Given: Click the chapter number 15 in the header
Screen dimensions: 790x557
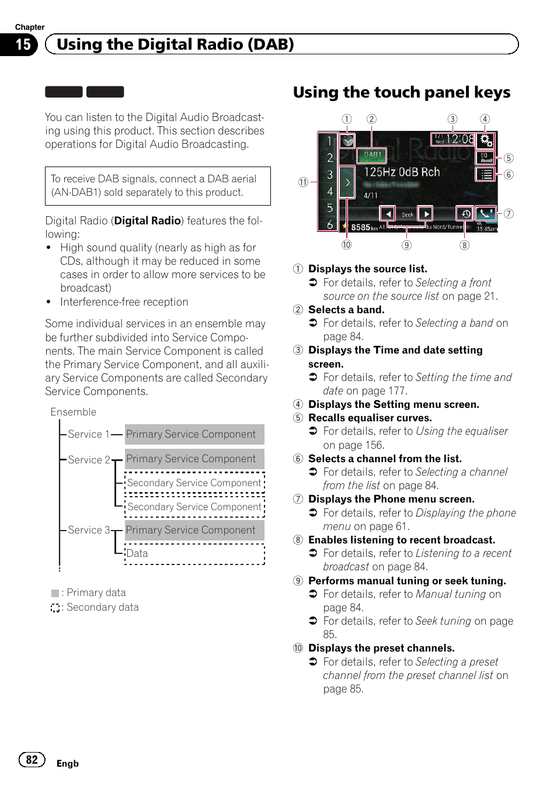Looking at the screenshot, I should [x=22, y=44].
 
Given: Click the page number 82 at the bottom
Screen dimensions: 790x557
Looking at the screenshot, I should [x=32, y=759].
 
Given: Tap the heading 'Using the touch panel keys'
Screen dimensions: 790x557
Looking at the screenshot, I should [x=401, y=92].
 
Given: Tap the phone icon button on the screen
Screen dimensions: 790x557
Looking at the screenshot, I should [x=485, y=214].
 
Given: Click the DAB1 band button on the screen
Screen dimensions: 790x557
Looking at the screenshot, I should [x=373, y=155].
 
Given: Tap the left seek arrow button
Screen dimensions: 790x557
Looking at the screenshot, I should [x=387, y=214].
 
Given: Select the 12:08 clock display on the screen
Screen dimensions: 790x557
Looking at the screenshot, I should [x=453, y=139].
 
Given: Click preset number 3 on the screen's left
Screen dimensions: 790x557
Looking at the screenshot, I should [x=330, y=175].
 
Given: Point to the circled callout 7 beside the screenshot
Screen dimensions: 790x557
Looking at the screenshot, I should [x=509, y=214].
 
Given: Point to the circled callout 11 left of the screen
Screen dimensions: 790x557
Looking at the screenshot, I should [x=303, y=182].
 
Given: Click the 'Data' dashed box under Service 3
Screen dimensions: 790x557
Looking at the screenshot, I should [x=194, y=553].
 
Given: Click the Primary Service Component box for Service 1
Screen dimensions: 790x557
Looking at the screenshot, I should [x=194, y=434].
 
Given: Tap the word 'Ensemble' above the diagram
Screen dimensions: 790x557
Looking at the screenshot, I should [x=73, y=412].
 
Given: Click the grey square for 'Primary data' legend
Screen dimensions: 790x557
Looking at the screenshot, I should [x=55, y=593].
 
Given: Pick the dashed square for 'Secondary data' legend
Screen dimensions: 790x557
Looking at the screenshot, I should [x=55, y=608].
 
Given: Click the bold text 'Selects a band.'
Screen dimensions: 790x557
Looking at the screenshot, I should [x=346, y=310].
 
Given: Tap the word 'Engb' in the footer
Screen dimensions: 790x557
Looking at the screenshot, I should [x=67, y=763].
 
